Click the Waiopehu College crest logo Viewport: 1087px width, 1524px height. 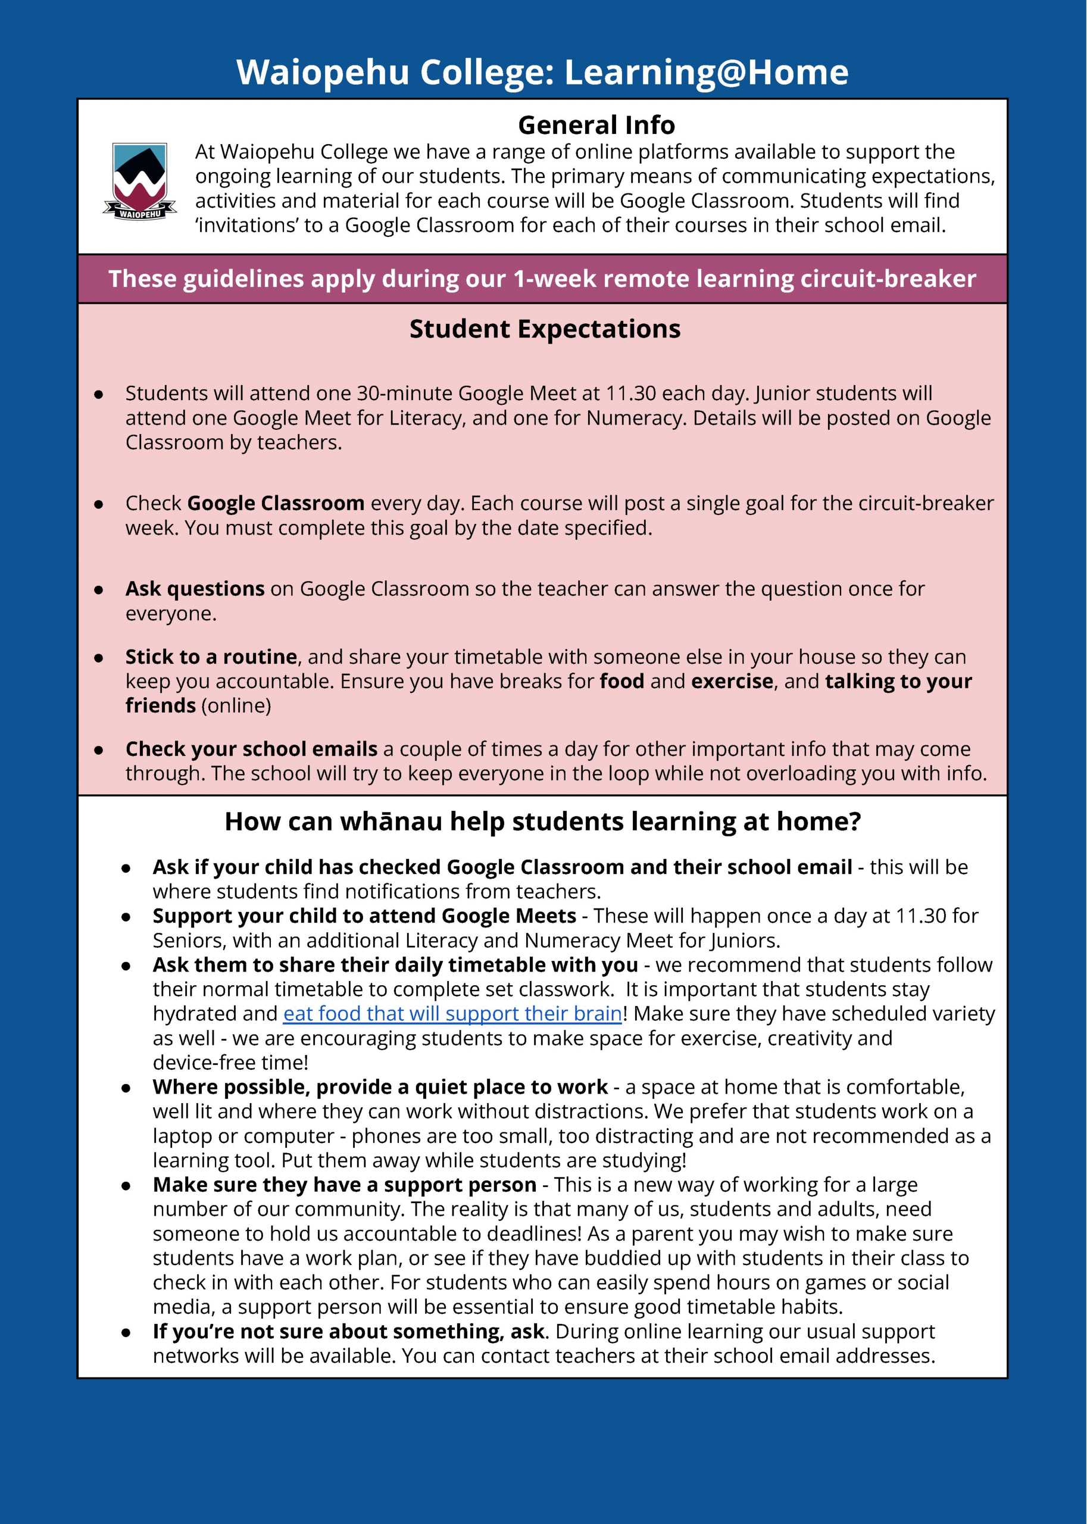point(139,181)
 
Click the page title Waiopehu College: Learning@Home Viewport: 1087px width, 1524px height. point(542,72)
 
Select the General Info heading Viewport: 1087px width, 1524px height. point(596,125)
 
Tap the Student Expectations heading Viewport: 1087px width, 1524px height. point(545,329)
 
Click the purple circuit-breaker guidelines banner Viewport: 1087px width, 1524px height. point(542,279)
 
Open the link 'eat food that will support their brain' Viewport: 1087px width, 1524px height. point(452,1013)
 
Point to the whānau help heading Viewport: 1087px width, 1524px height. point(542,821)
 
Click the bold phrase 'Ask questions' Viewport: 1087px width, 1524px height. point(195,588)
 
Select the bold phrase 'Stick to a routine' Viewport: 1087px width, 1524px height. point(211,657)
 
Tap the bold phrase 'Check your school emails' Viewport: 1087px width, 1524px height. point(251,748)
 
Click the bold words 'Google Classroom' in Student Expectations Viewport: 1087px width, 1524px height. point(276,502)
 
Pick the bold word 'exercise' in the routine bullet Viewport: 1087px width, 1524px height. point(732,682)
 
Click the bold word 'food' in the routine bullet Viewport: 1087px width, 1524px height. point(622,682)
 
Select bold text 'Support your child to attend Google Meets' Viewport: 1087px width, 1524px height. point(364,916)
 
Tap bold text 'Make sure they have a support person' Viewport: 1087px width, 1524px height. point(344,1185)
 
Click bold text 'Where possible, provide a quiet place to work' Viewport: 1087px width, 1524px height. point(380,1087)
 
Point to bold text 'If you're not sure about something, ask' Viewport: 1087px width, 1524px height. point(348,1331)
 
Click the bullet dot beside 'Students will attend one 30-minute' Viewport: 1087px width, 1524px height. point(98,394)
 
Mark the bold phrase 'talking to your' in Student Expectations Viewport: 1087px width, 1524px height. point(898,682)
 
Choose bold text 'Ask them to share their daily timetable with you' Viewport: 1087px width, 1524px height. point(395,964)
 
